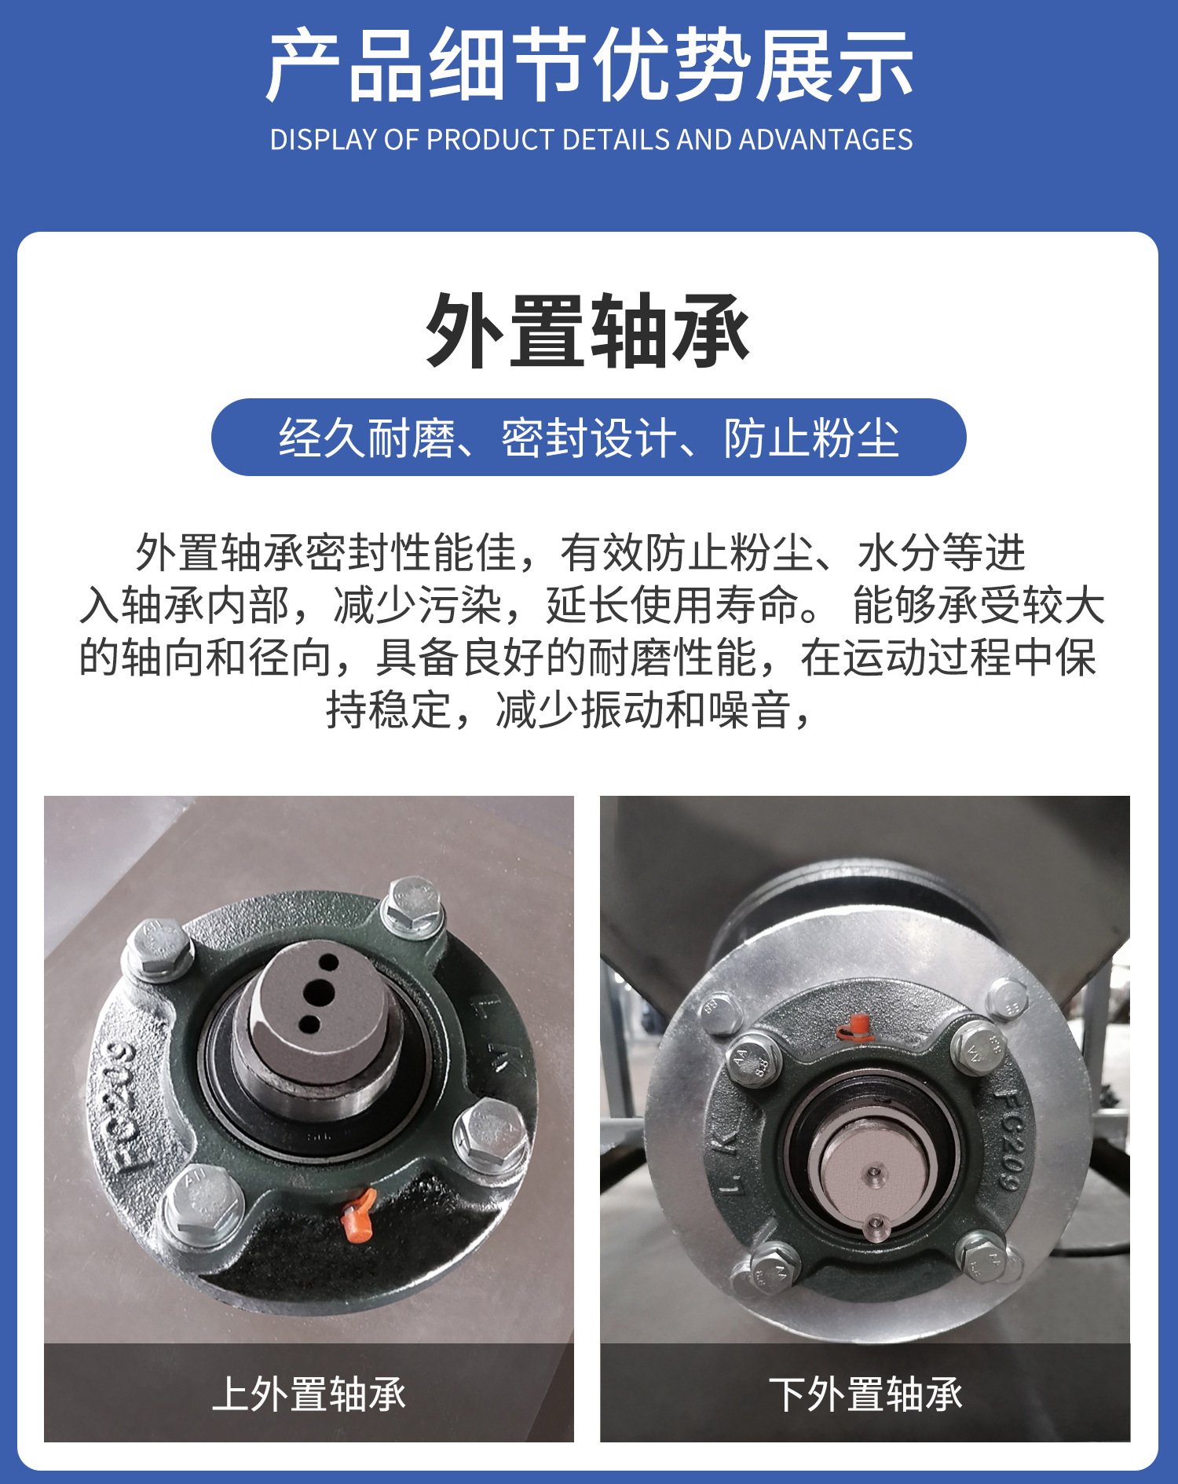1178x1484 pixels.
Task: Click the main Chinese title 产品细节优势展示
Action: point(589,66)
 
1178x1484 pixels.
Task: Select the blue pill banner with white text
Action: point(588,437)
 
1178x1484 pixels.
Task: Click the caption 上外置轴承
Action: point(309,1394)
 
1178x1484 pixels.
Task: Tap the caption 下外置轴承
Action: point(865,1394)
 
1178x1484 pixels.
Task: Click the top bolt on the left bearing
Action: point(412,906)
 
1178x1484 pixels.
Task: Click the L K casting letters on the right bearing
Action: point(730,1159)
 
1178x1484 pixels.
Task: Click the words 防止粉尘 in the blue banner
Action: point(811,438)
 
